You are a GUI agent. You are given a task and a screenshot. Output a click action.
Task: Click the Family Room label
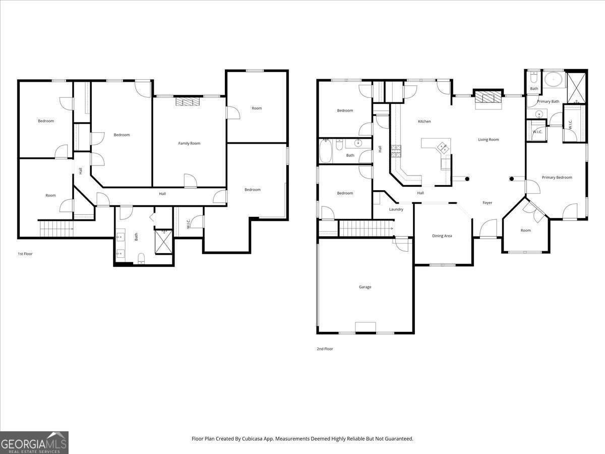pos(189,143)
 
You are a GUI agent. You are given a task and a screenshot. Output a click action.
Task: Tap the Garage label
pos(365,287)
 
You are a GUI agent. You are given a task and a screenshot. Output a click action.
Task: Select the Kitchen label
pos(424,122)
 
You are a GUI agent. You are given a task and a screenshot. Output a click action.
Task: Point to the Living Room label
pos(488,140)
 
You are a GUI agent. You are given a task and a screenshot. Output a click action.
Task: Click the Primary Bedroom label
pos(557,178)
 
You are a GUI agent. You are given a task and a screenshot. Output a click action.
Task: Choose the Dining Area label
pos(442,236)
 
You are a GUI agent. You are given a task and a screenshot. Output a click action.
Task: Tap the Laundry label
pos(396,209)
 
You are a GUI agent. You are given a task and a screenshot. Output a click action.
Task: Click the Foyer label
pos(487,203)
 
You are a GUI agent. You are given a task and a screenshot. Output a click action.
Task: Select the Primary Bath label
pos(548,101)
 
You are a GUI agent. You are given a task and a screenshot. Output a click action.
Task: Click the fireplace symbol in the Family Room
pos(188,101)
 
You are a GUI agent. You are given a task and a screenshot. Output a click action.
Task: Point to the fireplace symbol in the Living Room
pos(489,98)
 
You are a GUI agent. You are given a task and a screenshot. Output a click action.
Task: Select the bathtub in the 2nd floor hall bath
pos(326,151)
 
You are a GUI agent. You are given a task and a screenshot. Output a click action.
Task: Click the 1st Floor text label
pos(25,254)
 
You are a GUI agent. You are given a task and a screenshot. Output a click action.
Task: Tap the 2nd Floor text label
pos(325,349)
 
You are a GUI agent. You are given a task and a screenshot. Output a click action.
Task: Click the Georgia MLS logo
pos(34,442)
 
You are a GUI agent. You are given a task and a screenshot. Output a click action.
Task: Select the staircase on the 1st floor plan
pos(55,229)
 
